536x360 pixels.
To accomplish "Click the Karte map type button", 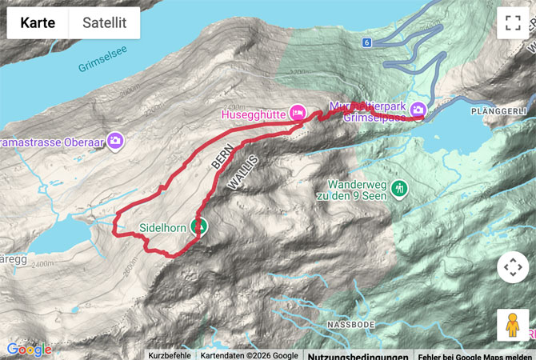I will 38,22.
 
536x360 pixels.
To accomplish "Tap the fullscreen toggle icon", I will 512,23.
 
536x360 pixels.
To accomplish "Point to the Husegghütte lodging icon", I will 298,112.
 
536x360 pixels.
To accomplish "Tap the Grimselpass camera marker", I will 418,110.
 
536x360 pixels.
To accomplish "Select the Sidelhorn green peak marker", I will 198,227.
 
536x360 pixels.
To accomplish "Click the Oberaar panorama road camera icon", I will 115,140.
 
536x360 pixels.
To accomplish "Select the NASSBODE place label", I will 350,325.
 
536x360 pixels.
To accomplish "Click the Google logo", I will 29,350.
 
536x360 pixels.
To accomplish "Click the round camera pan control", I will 512,267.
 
